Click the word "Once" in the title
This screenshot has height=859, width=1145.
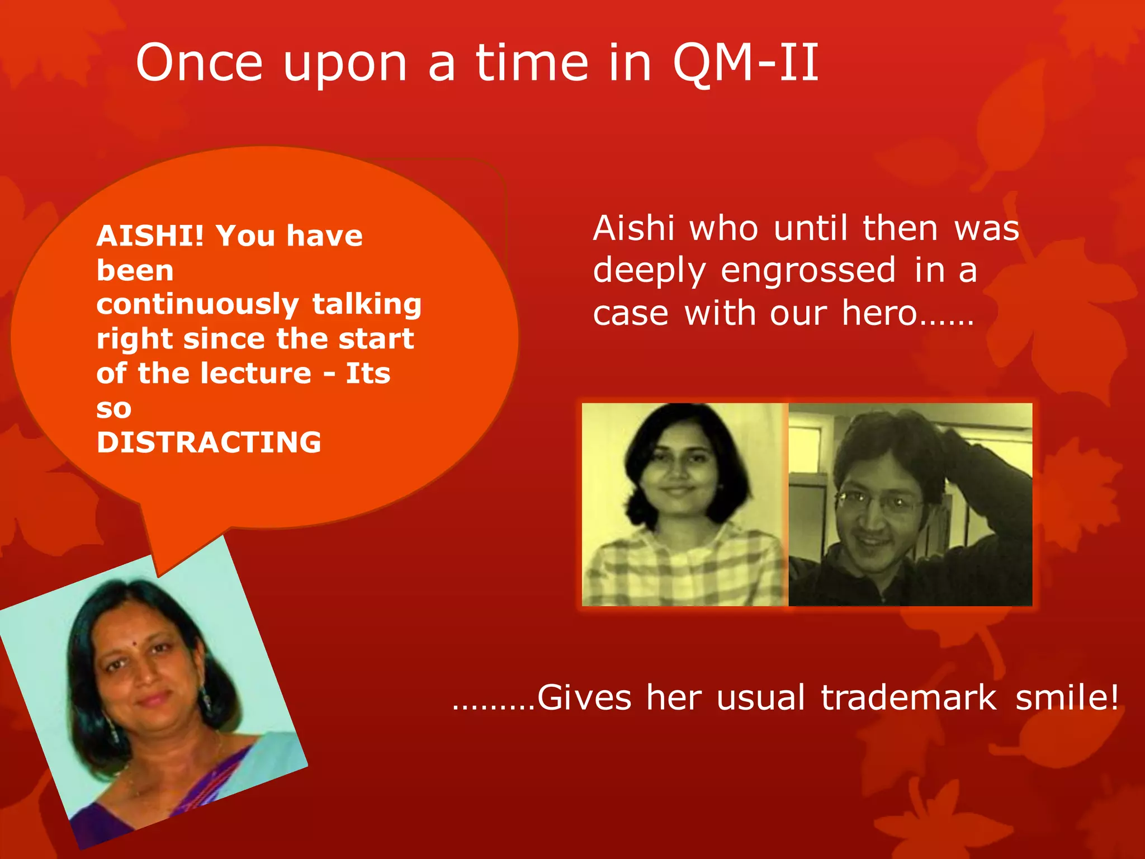[198, 63]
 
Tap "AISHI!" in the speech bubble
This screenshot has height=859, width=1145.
[150, 235]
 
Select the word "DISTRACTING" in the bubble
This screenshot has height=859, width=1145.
[209, 442]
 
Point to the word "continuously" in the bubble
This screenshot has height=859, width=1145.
[197, 305]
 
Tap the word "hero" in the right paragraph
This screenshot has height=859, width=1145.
[879, 313]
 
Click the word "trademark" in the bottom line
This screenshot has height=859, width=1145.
[909, 698]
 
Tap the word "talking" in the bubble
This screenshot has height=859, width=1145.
[367, 305]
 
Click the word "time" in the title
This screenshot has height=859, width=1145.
[532, 63]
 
